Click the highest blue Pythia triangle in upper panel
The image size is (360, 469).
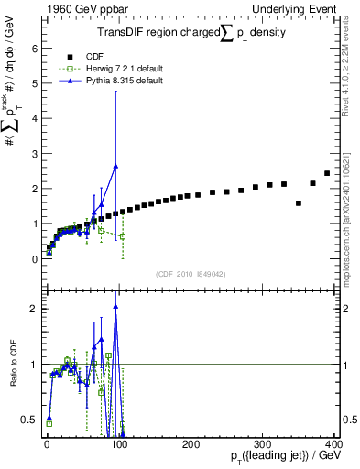(115, 166)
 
